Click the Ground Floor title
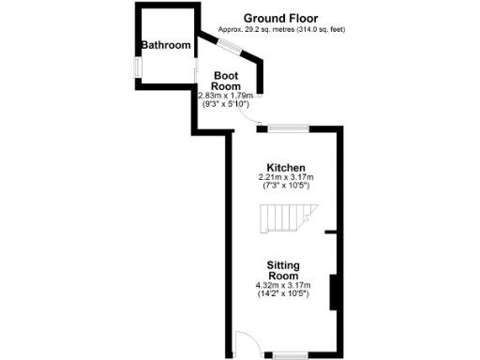[280, 18]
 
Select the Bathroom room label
[165, 45]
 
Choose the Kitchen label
[285, 167]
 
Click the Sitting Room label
[282, 271]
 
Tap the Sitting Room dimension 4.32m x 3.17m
[284, 286]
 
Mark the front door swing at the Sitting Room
[242, 344]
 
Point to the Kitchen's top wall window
[286, 127]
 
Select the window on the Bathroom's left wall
[137, 68]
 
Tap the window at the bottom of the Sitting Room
[290, 355]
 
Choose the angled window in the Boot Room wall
[229, 48]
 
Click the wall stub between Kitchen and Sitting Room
[331, 231]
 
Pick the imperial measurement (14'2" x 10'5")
[284, 294]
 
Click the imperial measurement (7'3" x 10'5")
[285, 187]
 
